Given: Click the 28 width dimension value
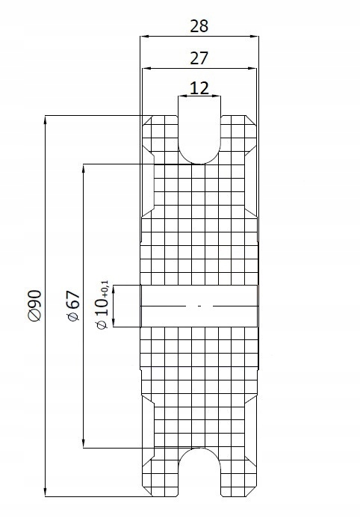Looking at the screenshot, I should point(199,26).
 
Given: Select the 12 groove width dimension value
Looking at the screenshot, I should point(199,88).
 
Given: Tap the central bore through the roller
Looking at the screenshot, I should point(199,306).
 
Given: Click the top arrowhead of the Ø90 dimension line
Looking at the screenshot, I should point(47,119).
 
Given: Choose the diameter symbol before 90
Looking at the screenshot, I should point(34,318).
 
